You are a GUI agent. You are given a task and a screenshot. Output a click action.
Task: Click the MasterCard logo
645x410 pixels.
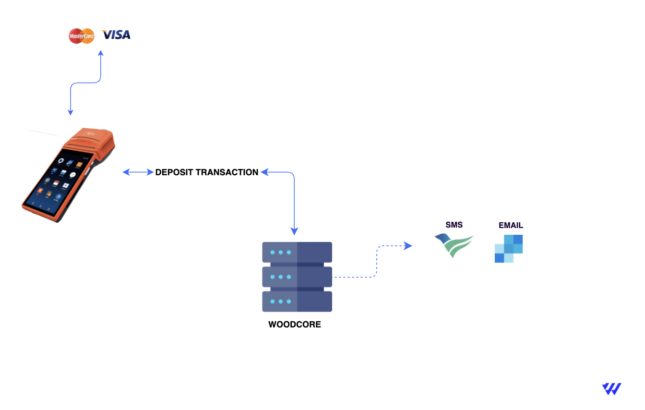click(81, 36)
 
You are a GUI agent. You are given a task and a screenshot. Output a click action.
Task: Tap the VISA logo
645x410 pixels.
click(116, 35)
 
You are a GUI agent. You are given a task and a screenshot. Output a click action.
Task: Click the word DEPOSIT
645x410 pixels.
click(173, 172)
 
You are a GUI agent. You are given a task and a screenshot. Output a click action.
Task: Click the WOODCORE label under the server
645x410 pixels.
click(294, 325)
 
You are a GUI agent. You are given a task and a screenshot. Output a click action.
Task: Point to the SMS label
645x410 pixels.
click(454, 225)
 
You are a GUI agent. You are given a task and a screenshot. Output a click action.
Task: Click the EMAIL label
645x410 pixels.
click(511, 225)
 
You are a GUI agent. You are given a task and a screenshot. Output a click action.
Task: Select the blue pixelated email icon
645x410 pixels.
click(509, 249)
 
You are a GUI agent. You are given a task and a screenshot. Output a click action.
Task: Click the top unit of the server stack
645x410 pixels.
click(297, 252)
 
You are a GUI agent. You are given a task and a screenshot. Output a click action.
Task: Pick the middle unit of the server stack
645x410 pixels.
click(297, 277)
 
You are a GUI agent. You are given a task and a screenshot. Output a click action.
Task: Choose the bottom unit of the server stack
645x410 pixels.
click(297, 301)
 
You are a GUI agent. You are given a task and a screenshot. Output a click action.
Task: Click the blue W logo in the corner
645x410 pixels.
click(611, 389)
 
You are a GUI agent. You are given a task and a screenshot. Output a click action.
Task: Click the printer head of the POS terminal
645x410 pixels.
click(91, 136)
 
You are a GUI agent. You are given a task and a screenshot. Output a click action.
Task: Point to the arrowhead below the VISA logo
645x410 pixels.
click(101, 53)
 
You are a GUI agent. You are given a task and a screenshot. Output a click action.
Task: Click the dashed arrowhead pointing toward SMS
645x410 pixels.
click(408, 246)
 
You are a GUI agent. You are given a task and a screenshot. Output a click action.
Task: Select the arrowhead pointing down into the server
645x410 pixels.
click(295, 231)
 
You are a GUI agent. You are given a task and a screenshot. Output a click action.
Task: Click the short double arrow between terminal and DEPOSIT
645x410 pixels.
click(138, 172)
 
